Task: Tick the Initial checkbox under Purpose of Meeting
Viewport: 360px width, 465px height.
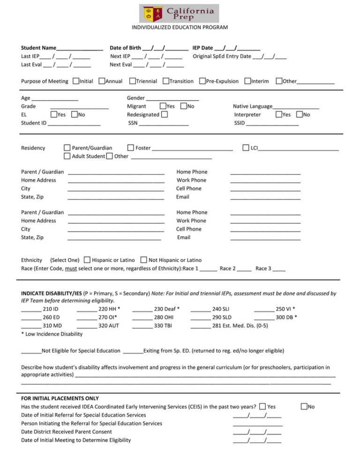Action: (x=76, y=81)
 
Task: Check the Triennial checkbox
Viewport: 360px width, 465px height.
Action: (x=133, y=81)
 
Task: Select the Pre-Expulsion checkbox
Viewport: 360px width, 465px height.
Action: (x=202, y=81)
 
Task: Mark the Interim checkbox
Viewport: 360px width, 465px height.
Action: (x=247, y=81)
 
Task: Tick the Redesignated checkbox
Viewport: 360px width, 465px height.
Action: (x=165, y=115)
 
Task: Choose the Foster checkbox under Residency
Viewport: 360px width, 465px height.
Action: (x=131, y=148)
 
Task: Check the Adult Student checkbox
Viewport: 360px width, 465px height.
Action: (x=67, y=156)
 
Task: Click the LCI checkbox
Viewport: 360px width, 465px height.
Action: (x=246, y=148)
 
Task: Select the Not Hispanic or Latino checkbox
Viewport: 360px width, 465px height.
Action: (x=143, y=260)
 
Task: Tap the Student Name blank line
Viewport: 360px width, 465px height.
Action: (x=80, y=49)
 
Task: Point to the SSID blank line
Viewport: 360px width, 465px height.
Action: (x=272, y=124)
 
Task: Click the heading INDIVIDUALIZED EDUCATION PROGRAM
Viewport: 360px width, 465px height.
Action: (x=180, y=27)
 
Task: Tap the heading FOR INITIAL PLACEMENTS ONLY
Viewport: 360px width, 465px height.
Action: (x=60, y=399)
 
